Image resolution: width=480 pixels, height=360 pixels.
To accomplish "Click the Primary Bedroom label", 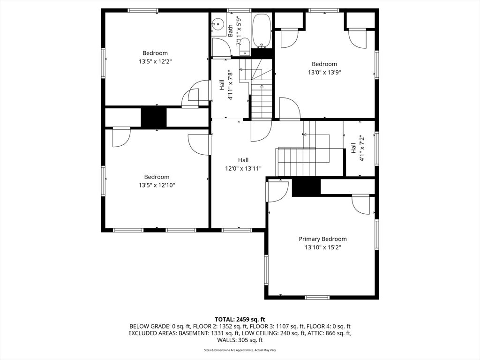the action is point(322,239).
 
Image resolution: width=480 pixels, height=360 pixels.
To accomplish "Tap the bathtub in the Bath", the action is point(261,31).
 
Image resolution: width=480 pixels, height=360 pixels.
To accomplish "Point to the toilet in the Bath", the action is point(245,46).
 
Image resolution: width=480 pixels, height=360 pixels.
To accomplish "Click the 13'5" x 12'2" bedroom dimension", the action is point(155,61).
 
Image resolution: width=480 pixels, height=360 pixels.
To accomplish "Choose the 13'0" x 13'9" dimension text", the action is point(324,73).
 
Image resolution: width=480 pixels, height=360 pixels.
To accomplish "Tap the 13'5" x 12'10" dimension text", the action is point(157,185).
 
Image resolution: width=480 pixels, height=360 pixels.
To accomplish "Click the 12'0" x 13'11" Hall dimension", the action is point(243,168).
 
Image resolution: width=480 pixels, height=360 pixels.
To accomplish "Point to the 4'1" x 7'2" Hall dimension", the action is point(362,148).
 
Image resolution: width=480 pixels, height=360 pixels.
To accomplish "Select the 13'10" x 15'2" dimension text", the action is point(323,247).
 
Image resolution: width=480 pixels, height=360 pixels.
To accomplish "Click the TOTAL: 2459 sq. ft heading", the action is point(240,320).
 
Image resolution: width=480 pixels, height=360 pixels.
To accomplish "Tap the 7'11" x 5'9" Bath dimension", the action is point(239,31).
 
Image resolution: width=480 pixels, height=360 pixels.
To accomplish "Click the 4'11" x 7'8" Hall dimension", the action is point(230,85).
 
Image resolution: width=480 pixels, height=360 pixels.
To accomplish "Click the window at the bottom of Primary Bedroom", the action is point(317,297).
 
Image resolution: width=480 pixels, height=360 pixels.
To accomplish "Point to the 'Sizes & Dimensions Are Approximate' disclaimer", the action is point(240,350).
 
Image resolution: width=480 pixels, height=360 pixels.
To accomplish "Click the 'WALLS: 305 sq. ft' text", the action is point(240,340).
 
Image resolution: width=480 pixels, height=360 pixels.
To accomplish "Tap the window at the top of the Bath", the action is point(239,10).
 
